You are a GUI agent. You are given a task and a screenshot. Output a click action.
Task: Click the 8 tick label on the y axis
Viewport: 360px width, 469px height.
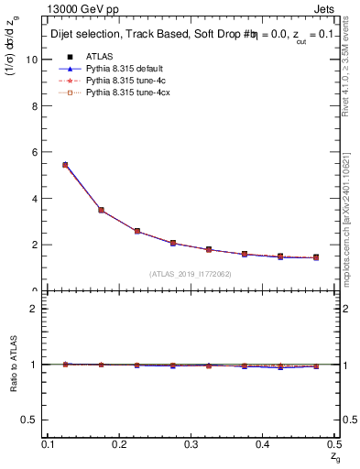(37, 106)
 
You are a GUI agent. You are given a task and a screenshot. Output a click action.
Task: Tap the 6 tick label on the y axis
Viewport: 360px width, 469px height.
(37, 152)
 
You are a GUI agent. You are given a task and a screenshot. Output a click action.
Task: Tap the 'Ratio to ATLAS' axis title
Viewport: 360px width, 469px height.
(12, 364)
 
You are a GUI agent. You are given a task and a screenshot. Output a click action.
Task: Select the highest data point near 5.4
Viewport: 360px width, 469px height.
(65, 165)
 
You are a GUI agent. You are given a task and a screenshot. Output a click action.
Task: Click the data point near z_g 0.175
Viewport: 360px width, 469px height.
(101, 210)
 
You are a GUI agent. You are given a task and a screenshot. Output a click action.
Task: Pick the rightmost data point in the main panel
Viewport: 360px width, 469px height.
(316, 257)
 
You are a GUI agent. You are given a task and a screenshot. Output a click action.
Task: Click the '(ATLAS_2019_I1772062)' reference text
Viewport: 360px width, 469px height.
(191, 274)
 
